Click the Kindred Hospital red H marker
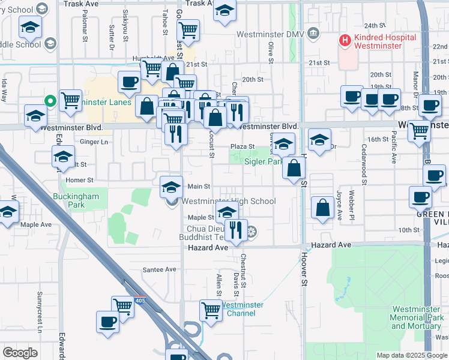click(345, 41)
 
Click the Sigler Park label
click(263, 161)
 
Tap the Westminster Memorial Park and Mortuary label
click(417, 317)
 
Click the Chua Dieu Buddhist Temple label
click(208, 233)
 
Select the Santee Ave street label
click(159, 270)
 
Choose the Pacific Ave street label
click(394, 150)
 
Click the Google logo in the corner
click(20, 353)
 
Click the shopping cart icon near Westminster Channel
click(211, 310)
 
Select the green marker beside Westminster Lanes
click(52, 101)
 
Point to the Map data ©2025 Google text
click(412, 355)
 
